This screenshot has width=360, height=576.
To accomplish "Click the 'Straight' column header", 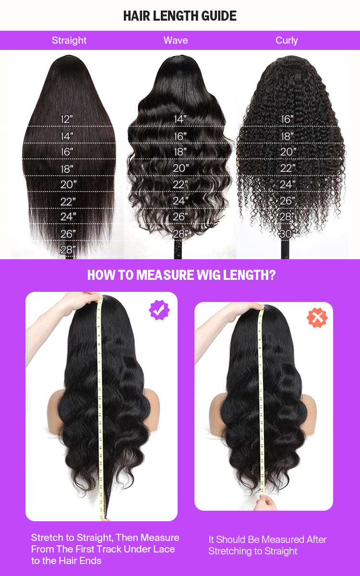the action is [69, 40].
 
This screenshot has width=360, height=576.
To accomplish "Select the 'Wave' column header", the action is [176, 40].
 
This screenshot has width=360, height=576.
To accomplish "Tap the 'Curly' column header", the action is [287, 40].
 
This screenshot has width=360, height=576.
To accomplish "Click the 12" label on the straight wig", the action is [67, 119].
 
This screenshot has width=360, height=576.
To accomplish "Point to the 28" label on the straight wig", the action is [68, 250].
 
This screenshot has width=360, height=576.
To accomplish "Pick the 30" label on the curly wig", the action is [288, 234].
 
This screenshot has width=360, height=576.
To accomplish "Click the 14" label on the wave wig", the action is [180, 119].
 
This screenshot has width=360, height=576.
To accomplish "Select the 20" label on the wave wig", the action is [180, 168].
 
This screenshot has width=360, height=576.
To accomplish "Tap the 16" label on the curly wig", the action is [287, 119].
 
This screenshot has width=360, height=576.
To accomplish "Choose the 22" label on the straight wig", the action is [68, 202].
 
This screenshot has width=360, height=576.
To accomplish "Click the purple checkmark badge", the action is [159, 310].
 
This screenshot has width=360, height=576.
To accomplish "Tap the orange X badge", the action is [317, 318].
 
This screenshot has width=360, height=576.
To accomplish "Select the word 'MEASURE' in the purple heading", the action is [165, 275].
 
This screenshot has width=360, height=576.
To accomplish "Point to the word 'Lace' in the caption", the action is [164, 549].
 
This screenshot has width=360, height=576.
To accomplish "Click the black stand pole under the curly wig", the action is [285, 250].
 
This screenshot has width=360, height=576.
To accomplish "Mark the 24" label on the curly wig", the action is [288, 184].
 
